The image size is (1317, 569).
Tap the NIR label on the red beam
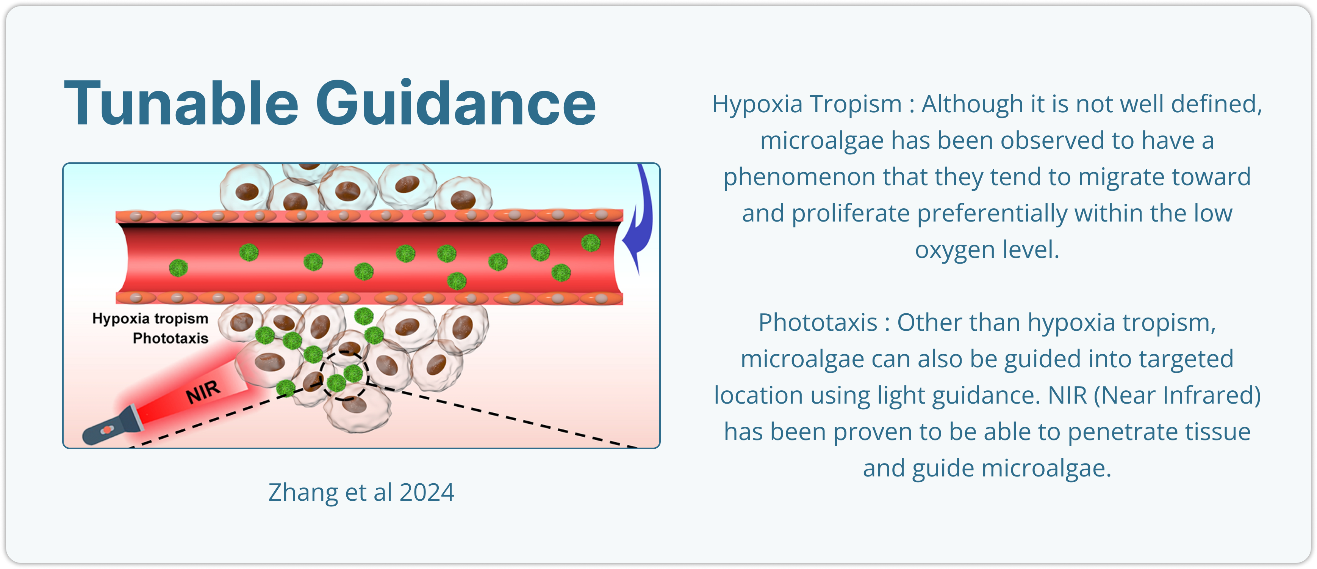point(203,392)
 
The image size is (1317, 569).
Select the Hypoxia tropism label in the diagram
point(150,319)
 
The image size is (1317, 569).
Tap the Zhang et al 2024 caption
point(361,493)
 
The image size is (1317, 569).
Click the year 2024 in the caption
point(427,493)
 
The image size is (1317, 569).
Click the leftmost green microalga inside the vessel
point(178,267)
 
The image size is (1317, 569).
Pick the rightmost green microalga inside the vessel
point(591,242)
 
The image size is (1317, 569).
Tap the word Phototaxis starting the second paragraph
point(818,323)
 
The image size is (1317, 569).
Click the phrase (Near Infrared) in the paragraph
point(1177,396)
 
